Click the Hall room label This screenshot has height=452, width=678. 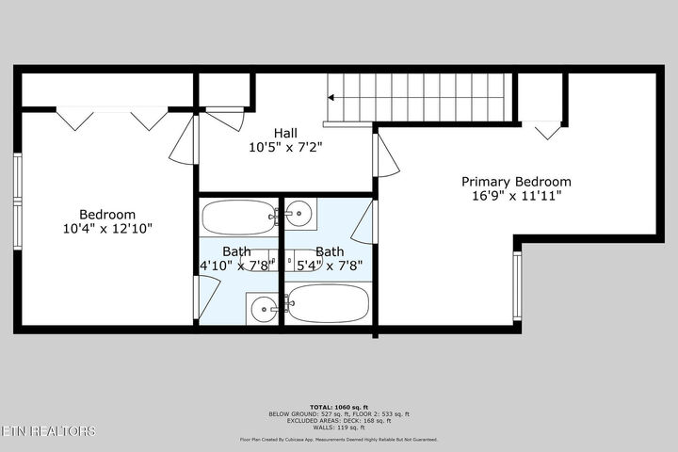click(286, 133)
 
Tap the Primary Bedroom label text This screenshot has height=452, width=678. click(515, 182)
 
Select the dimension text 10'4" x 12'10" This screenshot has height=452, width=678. click(106, 228)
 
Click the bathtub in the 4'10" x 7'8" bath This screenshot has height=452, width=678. click(235, 218)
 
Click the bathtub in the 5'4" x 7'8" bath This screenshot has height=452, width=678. click(328, 304)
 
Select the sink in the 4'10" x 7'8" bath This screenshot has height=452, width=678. click(264, 305)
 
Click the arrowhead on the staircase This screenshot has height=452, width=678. click(332, 96)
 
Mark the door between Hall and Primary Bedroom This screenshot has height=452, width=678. click(385, 155)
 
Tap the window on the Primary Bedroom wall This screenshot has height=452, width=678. click(517, 286)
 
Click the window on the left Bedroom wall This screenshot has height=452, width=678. click(18, 179)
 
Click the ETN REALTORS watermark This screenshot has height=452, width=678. click(48, 431)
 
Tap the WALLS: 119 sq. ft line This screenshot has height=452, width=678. click(338, 427)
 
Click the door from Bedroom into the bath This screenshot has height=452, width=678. click(197, 299)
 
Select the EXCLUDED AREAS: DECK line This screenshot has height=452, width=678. click(338, 420)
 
